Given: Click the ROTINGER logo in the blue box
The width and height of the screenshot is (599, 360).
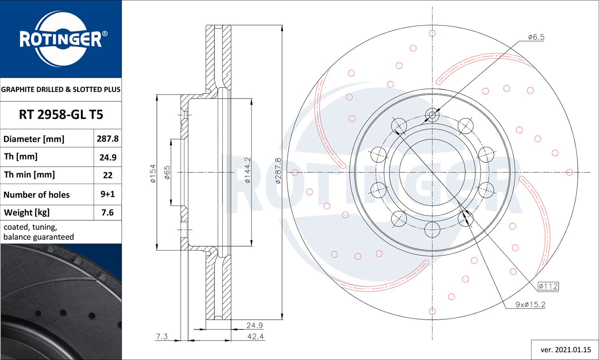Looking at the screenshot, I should click(x=61, y=39).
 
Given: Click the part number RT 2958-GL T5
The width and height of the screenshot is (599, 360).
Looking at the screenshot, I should click(x=61, y=115).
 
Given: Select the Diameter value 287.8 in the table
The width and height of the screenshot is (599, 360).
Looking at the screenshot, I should click(x=107, y=138).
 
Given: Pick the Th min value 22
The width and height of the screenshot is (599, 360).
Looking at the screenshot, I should click(x=107, y=175).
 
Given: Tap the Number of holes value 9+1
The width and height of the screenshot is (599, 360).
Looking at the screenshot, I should click(x=107, y=194).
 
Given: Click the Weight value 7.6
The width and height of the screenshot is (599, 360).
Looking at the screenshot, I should click(x=107, y=212).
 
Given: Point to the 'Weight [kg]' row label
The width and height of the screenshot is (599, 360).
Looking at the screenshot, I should click(x=27, y=212).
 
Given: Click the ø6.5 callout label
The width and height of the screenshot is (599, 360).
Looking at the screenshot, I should click(x=536, y=37).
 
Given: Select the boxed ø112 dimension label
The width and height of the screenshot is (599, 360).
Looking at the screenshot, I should click(x=548, y=286).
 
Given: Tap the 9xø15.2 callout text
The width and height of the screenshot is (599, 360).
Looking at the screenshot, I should click(x=530, y=305).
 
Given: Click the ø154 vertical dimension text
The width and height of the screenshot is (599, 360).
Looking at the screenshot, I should click(x=153, y=174).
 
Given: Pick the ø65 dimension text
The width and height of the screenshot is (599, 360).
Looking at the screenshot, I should click(x=167, y=172).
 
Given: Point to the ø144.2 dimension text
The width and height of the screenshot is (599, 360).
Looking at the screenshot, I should click(x=248, y=170).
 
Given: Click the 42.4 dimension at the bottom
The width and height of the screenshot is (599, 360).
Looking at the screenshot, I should click(x=256, y=336).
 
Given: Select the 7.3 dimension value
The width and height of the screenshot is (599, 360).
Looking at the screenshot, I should click(x=162, y=336).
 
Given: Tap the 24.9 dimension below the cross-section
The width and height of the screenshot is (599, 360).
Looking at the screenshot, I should click(x=254, y=325).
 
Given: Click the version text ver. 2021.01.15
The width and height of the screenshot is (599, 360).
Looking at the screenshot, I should click(x=565, y=350).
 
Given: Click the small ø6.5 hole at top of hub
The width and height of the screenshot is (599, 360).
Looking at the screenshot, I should click(x=432, y=116).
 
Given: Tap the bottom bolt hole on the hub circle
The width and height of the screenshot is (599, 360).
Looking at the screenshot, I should click(x=432, y=229).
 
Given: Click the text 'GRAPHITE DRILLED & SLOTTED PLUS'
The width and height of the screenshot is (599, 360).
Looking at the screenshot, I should click(x=61, y=89).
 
